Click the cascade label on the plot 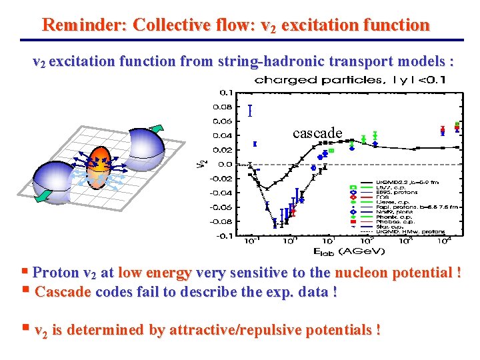(317, 133)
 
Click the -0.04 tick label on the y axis (223, 193)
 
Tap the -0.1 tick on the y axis (225, 235)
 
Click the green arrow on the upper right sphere (157, 129)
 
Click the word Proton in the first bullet (55, 273)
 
